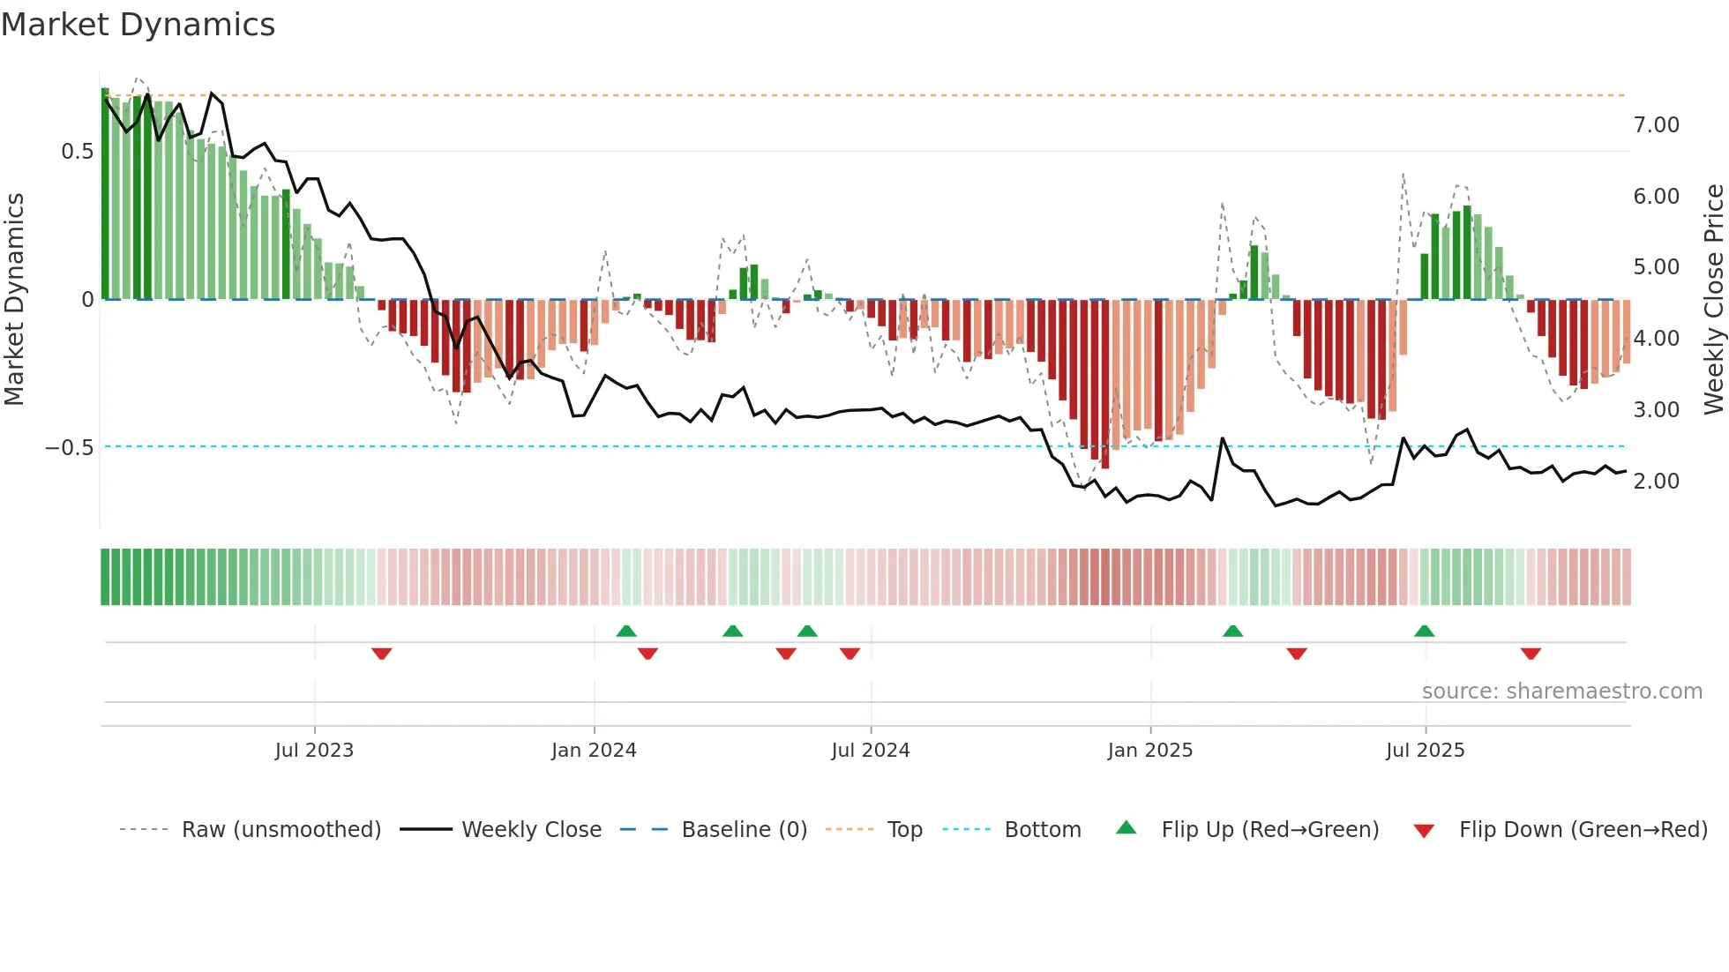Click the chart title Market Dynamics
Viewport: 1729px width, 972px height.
click(138, 25)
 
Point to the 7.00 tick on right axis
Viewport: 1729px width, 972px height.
click(1656, 125)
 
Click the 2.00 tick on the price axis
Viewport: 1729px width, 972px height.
click(1656, 482)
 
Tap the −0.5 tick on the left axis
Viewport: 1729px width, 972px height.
click(69, 448)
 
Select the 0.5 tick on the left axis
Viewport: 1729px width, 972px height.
click(77, 152)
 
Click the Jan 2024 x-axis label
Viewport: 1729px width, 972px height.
click(594, 751)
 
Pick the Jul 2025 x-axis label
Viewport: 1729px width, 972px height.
click(1425, 751)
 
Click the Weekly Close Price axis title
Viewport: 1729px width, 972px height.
click(1713, 299)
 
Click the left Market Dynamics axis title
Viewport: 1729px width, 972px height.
click(15, 299)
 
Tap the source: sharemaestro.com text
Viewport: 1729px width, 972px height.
click(1561, 692)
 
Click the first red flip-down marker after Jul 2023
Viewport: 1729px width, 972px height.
click(381, 654)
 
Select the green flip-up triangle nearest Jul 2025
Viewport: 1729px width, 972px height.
click(1424, 631)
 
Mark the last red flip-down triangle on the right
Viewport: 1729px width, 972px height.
click(1531, 654)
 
